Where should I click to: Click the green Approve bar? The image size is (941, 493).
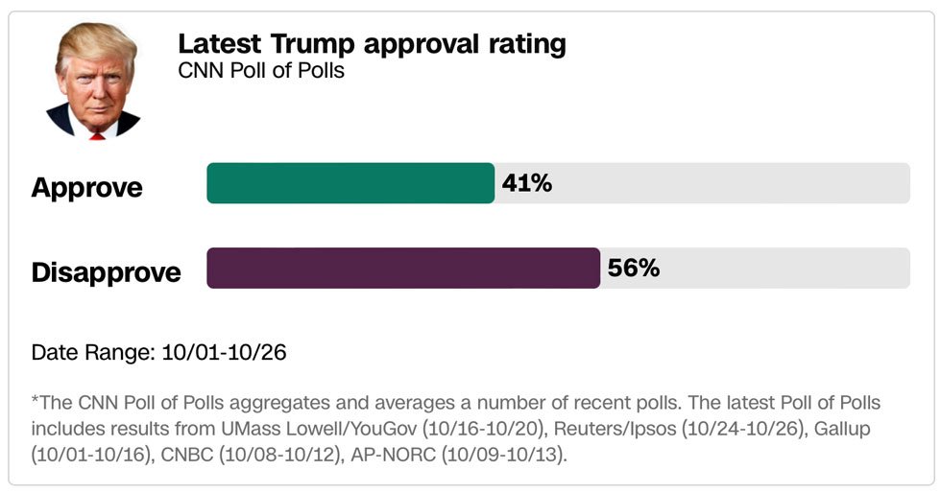(350, 183)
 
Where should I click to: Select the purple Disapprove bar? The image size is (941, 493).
(403, 268)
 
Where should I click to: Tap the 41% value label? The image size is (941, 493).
(527, 183)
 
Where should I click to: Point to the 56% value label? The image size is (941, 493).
(634, 268)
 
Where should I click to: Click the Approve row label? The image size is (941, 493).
(86, 187)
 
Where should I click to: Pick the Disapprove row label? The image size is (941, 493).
(106, 272)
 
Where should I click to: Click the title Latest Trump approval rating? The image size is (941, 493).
(372, 44)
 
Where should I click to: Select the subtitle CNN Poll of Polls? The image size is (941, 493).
(261, 71)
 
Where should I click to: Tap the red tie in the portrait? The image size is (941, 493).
(96, 135)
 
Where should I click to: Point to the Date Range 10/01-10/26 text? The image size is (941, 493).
(158, 352)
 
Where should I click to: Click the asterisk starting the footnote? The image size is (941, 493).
(35, 400)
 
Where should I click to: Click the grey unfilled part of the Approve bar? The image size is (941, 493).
(730, 183)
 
